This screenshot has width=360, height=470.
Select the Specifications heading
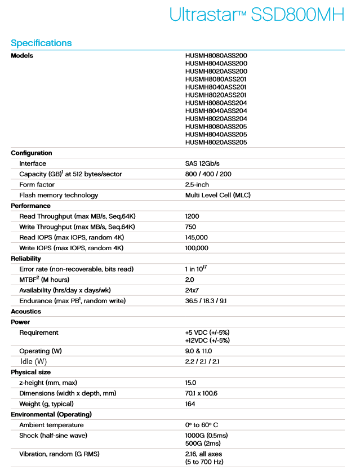coord(41,43)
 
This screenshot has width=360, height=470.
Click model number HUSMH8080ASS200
coord(216,56)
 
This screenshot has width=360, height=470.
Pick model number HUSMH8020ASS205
coord(216,143)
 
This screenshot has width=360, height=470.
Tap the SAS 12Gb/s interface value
coord(203,163)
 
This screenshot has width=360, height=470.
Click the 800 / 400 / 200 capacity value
coord(208,174)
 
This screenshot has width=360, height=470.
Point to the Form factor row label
coord(38,185)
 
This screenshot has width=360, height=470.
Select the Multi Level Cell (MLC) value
coord(217,195)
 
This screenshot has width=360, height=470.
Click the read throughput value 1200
coord(192,216)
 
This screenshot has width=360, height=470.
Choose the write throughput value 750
coord(190,227)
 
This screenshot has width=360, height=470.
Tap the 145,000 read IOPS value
coord(197,237)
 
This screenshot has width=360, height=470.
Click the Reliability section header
coord(26,259)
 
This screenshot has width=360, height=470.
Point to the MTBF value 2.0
coord(189,280)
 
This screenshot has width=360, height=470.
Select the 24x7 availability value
coord(192,290)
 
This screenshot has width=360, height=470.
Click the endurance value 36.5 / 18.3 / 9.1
coord(206,301)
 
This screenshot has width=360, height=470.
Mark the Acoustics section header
coord(26,312)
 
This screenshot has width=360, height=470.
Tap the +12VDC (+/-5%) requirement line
coord(207,340)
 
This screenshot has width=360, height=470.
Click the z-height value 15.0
coord(190,383)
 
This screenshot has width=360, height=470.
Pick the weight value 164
coord(190,404)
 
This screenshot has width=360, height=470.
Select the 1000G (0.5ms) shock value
coord(206,436)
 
